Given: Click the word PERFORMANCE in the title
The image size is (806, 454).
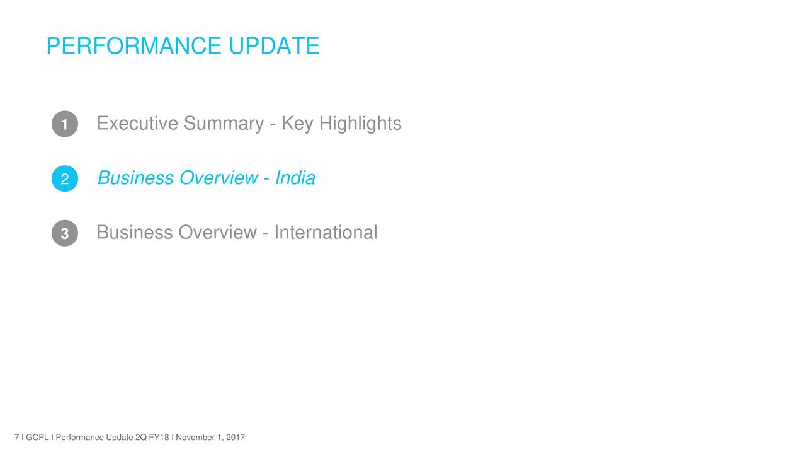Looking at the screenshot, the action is tap(134, 46).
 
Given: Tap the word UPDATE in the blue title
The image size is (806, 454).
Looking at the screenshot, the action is tap(274, 46).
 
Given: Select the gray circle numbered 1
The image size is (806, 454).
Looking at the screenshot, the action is tap(65, 124).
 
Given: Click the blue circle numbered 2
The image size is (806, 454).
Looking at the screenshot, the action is tap(65, 178).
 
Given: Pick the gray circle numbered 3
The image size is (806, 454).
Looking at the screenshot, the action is tap(65, 233).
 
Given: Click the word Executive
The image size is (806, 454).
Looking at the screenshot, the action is tap(137, 123).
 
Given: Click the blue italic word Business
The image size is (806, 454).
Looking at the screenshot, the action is tap(135, 178).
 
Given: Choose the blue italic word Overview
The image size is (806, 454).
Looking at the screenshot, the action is tap(219, 178).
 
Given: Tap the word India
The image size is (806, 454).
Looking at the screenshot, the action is tap(295, 177).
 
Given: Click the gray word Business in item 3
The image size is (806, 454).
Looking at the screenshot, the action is tap(135, 232).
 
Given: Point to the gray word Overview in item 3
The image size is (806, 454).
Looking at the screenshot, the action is tap(218, 232).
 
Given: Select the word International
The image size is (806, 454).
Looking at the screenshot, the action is tap(326, 232).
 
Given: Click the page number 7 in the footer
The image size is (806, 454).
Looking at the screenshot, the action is tap(16, 438).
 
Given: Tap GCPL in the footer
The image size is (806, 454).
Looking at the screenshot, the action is tap(37, 438).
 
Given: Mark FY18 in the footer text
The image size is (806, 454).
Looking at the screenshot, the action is tap(159, 438).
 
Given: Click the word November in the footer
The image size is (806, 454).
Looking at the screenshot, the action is tap(195, 438).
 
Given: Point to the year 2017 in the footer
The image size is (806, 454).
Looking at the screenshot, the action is tap(236, 438).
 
